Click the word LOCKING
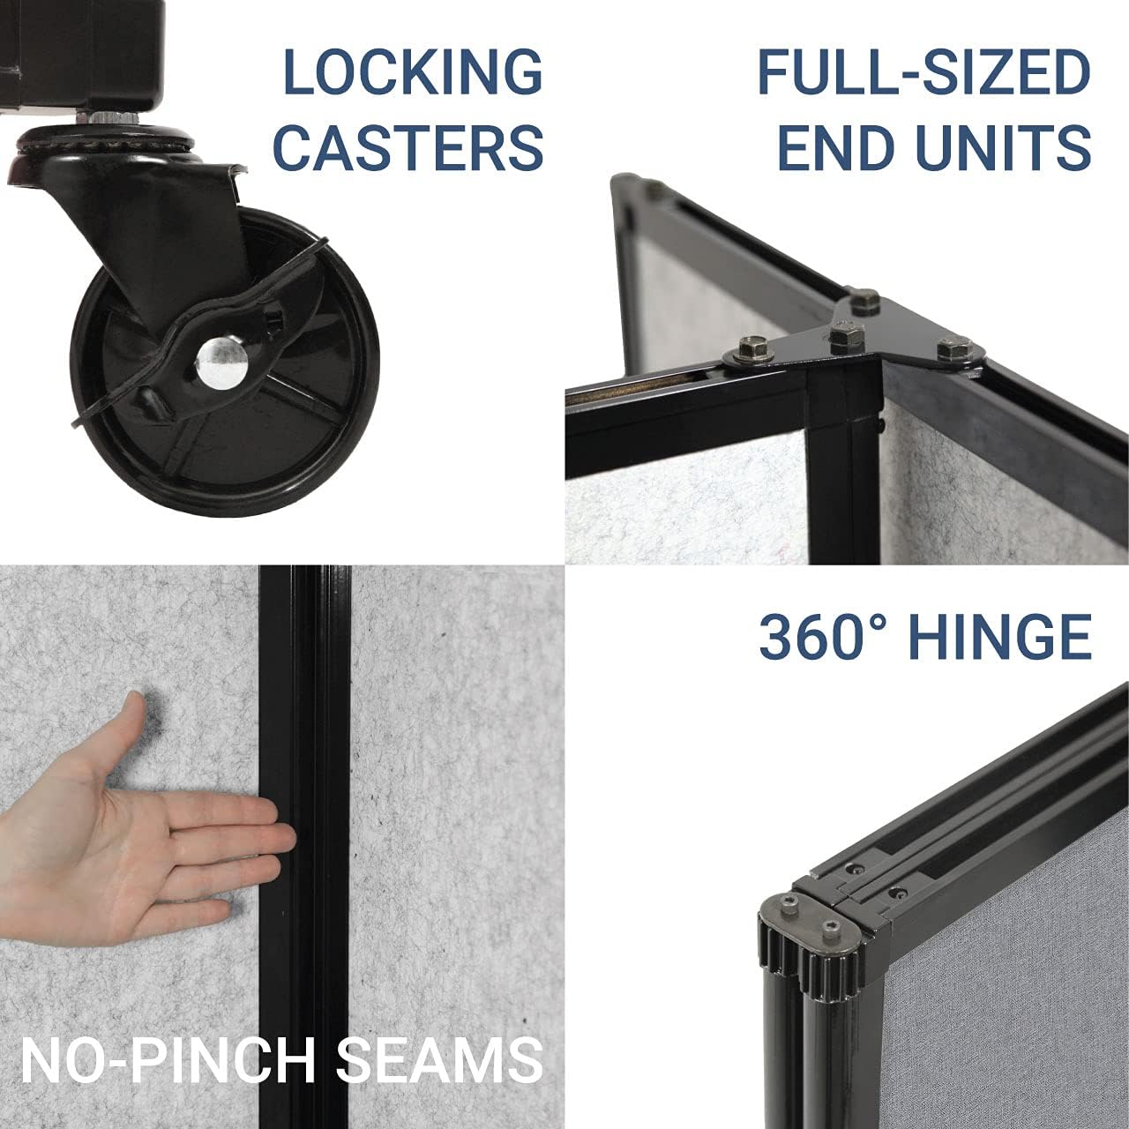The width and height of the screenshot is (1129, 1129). click(x=412, y=72)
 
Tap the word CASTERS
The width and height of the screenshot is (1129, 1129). click(x=412, y=146)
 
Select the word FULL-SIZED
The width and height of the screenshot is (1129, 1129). click(x=923, y=72)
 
